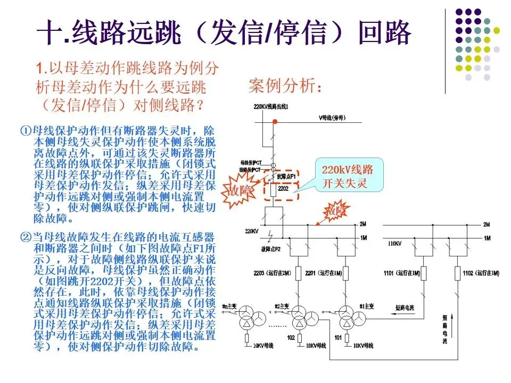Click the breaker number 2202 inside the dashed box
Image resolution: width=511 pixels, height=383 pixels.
point(282,189)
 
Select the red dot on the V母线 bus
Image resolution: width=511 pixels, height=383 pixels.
point(275,122)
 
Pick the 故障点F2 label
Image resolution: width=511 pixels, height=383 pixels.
point(270,248)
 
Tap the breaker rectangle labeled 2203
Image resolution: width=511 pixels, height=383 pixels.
point(299,273)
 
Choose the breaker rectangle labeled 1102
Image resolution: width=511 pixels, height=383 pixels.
point(457,273)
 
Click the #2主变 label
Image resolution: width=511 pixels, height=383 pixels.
point(282,306)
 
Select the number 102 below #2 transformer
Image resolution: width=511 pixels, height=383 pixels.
point(291,337)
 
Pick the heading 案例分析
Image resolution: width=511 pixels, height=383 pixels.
point(285,86)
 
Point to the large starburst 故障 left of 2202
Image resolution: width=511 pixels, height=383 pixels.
point(241,189)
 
